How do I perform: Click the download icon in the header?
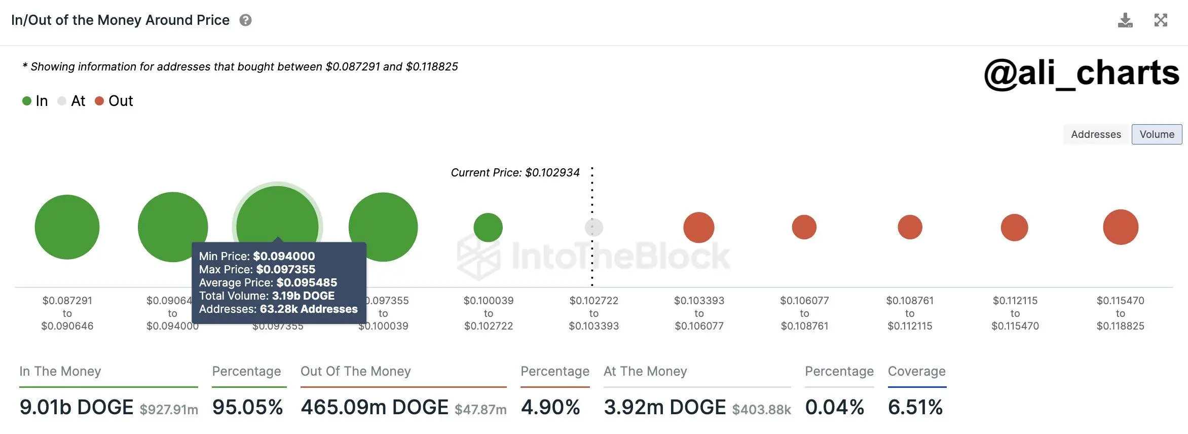point(1125,20)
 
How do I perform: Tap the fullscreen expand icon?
point(1161,20)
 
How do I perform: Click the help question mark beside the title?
point(246,20)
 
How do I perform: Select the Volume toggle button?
point(1157,134)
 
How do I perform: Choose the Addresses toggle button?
point(1096,134)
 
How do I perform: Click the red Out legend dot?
point(99,101)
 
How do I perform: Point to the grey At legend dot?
point(62,101)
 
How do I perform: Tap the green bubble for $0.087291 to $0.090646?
point(67,227)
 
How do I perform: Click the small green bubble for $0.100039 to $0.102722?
point(488,227)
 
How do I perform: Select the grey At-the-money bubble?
point(594,227)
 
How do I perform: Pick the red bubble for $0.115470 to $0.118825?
point(1121,227)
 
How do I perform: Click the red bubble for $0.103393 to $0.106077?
point(699,227)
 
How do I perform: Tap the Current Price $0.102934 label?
point(515,173)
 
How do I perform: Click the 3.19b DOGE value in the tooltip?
point(303,296)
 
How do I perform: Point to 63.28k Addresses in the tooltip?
point(309,309)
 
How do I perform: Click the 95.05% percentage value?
point(247,407)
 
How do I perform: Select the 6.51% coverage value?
point(915,407)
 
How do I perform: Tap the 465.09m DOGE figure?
point(375,407)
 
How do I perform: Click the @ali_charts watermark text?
point(1082,74)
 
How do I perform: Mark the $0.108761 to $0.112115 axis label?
point(910,313)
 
